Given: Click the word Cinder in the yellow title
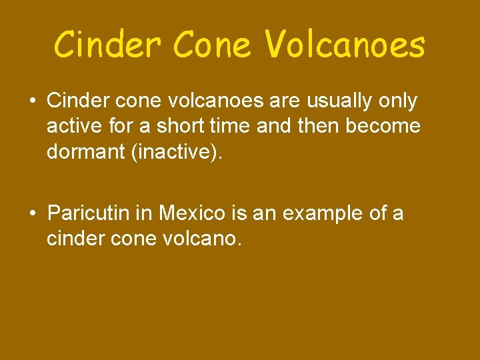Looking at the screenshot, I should point(107,45).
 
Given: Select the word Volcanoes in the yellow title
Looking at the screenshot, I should point(345,45).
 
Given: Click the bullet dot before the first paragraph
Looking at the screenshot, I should point(32,101).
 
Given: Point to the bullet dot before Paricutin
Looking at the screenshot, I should point(32,213).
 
